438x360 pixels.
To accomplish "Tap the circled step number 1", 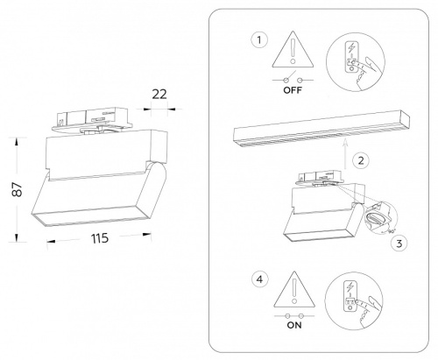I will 257,39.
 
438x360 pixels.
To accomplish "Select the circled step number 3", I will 399,244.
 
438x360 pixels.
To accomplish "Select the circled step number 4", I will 257,281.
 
